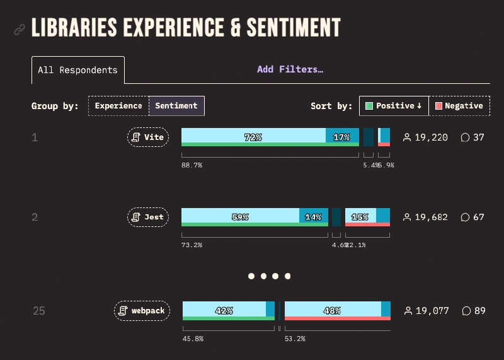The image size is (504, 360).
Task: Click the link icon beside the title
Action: coord(20,30)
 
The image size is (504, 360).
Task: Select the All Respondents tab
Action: coord(77,70)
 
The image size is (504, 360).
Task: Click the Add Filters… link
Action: coord(290,69)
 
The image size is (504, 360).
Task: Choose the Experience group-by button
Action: coord(118,106)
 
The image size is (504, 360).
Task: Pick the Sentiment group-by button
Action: coord(176,106)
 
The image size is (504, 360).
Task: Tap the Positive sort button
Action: coord(394,106)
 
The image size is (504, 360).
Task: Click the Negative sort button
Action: coord(459,106)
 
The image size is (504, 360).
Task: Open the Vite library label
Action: coord(148,137)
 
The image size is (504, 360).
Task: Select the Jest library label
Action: coord(148,217)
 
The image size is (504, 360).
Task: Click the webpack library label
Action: coord(142,311)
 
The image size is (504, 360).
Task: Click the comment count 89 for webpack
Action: coord(474,311)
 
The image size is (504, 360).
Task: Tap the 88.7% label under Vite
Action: coord(192,165)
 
